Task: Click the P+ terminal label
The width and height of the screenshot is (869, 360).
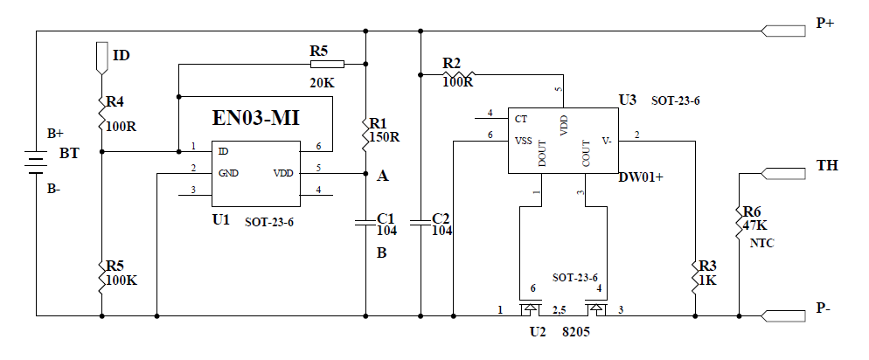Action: (824, 24)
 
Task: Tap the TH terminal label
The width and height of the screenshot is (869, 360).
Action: (827, 165)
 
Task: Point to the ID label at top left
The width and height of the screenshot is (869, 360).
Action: (122, 55)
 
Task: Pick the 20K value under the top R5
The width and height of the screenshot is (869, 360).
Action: (323, 82)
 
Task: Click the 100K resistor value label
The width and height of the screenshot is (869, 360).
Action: (122, 280)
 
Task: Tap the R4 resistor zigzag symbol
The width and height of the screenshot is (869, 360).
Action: (101, 109)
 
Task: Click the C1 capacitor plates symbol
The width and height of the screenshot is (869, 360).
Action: (365, 223)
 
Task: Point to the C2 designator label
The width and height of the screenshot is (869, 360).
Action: (441, 218)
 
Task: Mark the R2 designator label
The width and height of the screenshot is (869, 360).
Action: (451, 63)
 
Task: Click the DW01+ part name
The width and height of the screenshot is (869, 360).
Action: (641, 177)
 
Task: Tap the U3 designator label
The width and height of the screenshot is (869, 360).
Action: (628, 100)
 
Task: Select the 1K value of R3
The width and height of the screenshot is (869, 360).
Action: (709, 280)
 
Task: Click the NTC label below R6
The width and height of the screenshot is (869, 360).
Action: (761, 242)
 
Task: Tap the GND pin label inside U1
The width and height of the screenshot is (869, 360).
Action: (228, 172)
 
